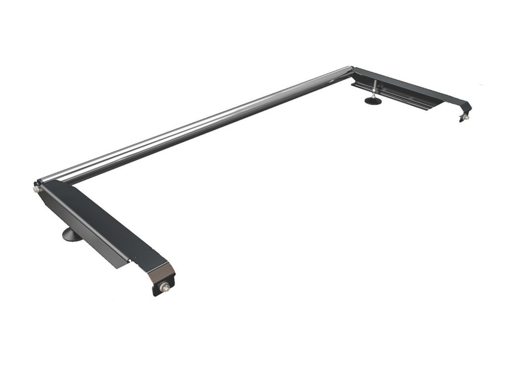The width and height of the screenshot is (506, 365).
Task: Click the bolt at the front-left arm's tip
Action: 164,287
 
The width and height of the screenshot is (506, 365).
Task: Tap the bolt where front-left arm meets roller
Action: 36,189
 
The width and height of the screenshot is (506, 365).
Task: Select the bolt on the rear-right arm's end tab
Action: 463,117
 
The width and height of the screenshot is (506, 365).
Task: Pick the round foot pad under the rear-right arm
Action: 374,101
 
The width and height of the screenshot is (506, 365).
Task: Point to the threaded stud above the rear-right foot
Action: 374,89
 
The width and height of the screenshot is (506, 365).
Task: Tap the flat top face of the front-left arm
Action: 101,218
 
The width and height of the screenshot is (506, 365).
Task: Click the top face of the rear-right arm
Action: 405,84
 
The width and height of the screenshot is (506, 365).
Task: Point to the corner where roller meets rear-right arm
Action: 352,70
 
